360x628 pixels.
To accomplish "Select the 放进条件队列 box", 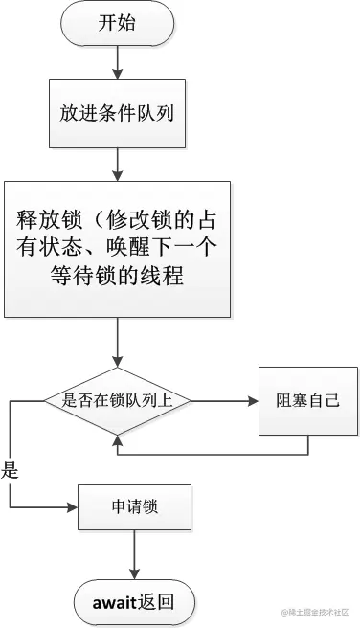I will [x=116, y=111].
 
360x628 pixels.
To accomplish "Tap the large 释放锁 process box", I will [x=117, y=249].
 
